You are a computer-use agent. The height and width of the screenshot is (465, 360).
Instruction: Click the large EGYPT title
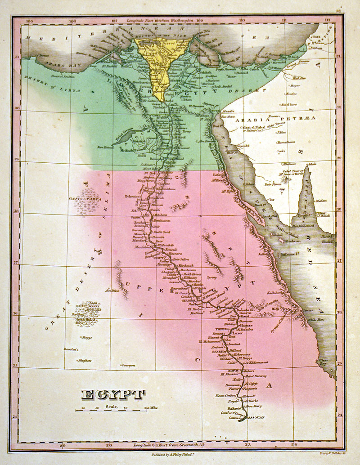[x=113, y=394]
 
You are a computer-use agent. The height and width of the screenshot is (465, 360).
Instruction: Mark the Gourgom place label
[x=128, y=365]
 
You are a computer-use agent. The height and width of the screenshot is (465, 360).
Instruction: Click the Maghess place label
[x=85, y=360]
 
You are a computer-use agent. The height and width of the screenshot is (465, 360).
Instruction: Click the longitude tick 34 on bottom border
[x=294, y=445]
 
